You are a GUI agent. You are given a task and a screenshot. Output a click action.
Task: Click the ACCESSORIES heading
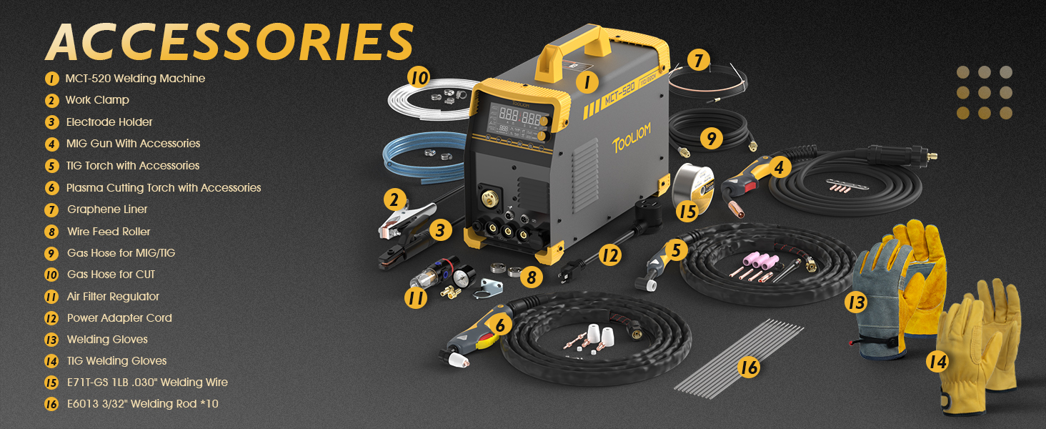pyautogui.click(x=230, y=41)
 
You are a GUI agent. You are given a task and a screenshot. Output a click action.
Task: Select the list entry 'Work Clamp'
pyautogui.click(x=97, y=100)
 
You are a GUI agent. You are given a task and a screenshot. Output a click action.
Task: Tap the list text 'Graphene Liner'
pyautogui.click(x=107, y=209)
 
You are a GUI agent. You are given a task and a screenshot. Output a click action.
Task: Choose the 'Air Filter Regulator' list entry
pyautogui.click(x=113, y=296)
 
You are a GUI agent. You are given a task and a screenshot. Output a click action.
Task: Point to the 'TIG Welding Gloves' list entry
pyautogui.click(x=116, y=361)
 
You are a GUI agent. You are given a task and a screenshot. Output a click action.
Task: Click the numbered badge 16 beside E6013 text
pyautogui.click(x=51, y=404)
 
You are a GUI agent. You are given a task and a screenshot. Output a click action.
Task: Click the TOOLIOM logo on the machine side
pyautogui.click(x=632, y=138)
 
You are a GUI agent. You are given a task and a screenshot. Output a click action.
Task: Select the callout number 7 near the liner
pyautogui.click(x=699, y=60)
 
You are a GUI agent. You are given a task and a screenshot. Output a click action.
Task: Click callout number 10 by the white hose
pyautogui.click(x=419, y=77)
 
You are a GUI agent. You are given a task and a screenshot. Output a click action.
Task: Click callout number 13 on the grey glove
pyautogui.click(x=856, y=302)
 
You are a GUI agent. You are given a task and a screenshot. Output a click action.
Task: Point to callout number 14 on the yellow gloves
pyautogui.click(x=937, y=362)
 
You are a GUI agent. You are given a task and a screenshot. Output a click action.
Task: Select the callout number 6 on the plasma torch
pyautogui.click(x=500, y=325)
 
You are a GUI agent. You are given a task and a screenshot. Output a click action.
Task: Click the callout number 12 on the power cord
pyautogui.click(x=610, y=255)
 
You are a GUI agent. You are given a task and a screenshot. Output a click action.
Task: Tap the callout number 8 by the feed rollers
pyautogui.click(x=532, y=277)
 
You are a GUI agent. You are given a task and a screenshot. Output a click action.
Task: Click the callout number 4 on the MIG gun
pyautogui.click(x=779, y=167)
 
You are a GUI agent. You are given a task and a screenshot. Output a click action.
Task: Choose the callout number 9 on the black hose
pyautogui.click(x=711, y=138)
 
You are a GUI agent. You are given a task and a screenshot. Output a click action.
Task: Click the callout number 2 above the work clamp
pyautogui.click(x=394, y=200)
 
